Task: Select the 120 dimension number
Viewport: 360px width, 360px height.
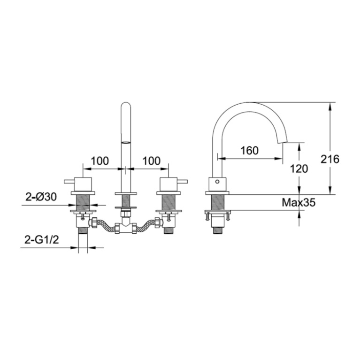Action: pos(299,169)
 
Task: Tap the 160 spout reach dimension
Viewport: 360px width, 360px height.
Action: pos(249,150)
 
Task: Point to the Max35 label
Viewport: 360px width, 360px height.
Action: pos(299,203)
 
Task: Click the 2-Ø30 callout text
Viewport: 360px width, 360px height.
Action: pos(41,197)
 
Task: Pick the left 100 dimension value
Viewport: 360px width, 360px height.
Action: pos(100,161)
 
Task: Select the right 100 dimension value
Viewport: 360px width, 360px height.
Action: pos(151,161)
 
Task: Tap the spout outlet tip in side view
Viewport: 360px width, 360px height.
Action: pos(283,140)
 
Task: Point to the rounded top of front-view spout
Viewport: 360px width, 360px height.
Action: pos(125,106)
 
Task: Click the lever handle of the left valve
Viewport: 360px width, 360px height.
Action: pos(69,180)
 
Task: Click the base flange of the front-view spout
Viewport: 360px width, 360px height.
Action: pos(125,193)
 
